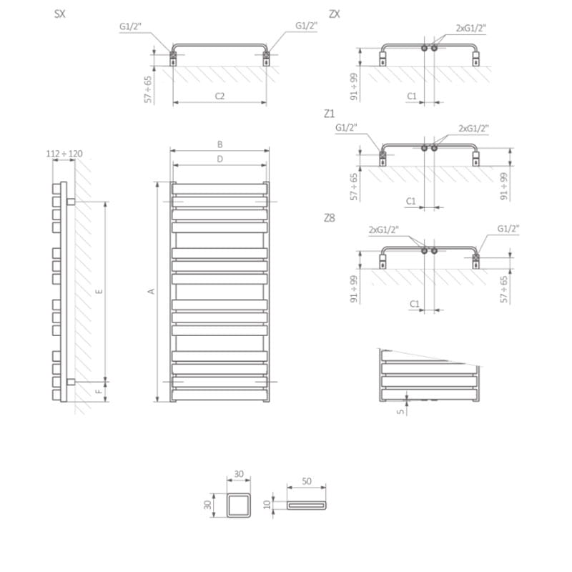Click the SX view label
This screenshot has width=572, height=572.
60,14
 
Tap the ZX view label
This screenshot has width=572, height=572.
334,14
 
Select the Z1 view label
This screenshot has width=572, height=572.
329,114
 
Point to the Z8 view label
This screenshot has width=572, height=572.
329,218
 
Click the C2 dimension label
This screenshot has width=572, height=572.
220,96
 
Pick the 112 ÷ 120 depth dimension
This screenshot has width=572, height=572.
64,154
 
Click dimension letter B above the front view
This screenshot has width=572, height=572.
220,144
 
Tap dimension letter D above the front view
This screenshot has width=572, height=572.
220,159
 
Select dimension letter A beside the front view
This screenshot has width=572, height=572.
151,291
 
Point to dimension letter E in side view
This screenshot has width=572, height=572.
99,291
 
